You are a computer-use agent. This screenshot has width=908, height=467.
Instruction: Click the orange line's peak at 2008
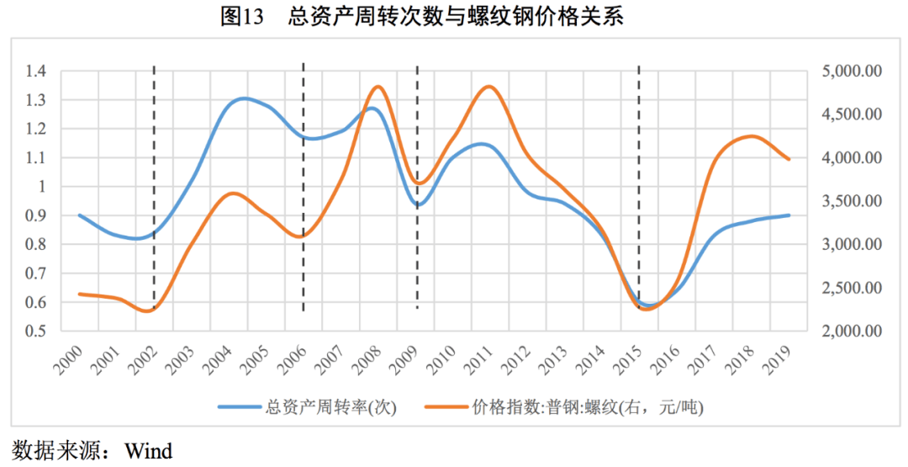tap(377, 87)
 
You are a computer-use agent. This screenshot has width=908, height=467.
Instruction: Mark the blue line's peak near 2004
tap(244, 98)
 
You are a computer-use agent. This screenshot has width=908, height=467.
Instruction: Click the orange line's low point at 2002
tap(149, 311)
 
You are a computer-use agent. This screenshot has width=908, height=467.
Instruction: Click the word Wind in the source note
tap(149, 451)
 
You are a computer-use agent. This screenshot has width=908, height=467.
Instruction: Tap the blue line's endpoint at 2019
tap(789, 215)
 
